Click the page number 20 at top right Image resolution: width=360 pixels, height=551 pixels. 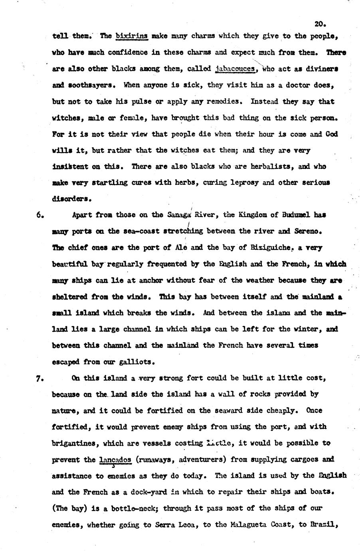(320, 24)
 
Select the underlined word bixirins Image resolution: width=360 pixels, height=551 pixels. (132, 36)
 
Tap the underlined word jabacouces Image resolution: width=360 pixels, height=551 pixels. (235, 69)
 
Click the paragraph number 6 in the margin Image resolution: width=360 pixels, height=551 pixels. (40, 215)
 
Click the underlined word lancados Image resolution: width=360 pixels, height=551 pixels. (115, 460)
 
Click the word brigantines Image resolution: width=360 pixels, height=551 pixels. (76, 443)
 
